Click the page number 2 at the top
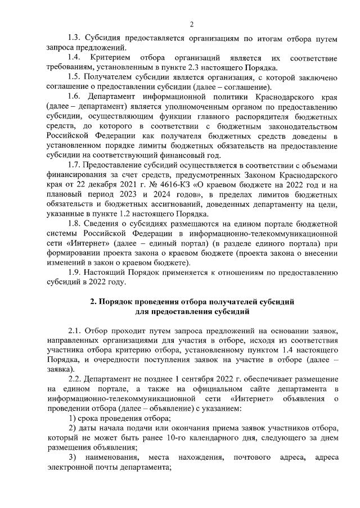pyautogui.click(x=191, y=24)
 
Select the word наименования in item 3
pyautogui.click(x=111, y=456)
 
